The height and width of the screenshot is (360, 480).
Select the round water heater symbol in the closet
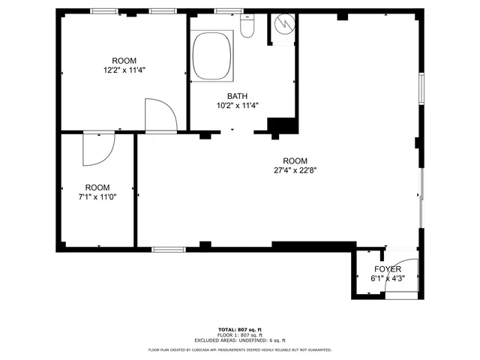tap(284, 25)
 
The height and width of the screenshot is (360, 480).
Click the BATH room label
tap(237, 96)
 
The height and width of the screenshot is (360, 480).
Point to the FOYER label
tap(388, 269)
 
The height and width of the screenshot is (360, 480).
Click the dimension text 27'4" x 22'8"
tap(295, 170)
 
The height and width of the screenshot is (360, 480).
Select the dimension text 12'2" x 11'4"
tap(124, 70)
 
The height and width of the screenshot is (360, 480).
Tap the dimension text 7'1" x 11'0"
tap(97, 196)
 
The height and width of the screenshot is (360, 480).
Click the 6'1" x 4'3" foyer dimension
tap(388, 278)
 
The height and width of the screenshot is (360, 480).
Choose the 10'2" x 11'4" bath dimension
tap(237, 106)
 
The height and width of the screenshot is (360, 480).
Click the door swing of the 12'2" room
tap(160, 115)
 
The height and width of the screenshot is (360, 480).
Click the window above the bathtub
tap(223, 10)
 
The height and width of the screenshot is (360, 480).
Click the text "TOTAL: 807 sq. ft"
tap(240, 330)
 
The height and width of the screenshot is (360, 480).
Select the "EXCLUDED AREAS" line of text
tap(240, 340)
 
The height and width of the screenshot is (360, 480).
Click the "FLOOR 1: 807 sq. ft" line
tap(240, 335)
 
